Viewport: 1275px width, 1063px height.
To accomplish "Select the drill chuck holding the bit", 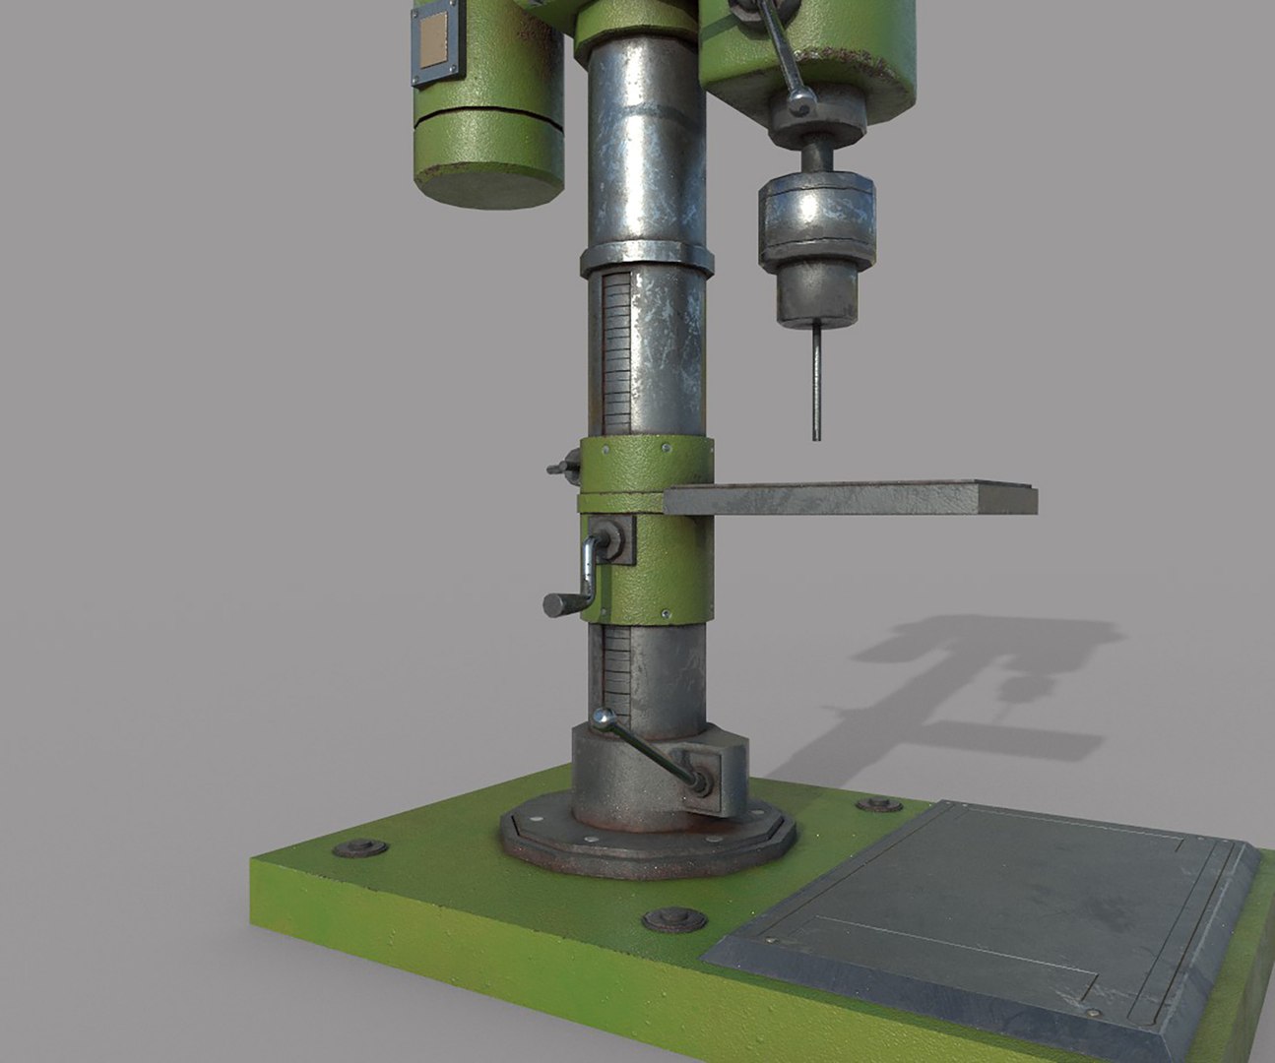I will pyautogui.click(x=816, y=246).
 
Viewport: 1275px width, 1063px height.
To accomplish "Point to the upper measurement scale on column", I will pyautogui.click(x=614, y=354).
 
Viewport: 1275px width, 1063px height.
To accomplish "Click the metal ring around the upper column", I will pyautogui.click(x=646, y=259).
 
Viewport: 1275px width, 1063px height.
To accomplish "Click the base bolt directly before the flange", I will pyautogui.click(x=673, y=921).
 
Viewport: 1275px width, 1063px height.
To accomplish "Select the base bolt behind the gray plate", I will pyautogui.click(x=878, y=804).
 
